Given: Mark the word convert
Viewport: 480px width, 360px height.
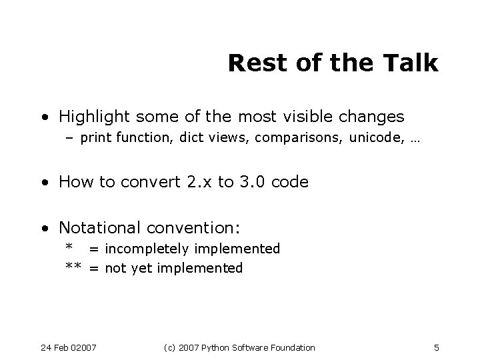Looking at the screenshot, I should [145, 182].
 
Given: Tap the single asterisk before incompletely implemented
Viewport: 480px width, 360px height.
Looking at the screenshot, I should [69, 248].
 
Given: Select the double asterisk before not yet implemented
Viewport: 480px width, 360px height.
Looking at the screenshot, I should [73, 268].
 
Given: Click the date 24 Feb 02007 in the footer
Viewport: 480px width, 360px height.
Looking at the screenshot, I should [69, 347].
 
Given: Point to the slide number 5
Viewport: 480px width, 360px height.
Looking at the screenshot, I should [435, 347].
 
